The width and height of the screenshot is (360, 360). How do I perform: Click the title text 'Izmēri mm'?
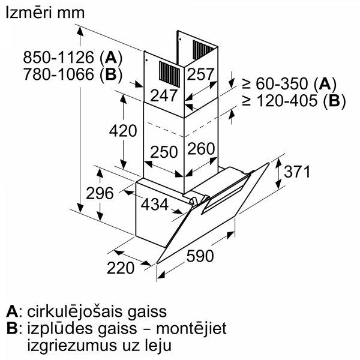[45, 13]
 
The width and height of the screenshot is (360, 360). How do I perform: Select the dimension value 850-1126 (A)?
[73, 58]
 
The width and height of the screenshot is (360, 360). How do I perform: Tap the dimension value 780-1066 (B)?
[73, 74]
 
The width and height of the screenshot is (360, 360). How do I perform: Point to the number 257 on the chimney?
[200, 74]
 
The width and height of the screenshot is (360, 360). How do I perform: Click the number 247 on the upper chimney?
[164, 96]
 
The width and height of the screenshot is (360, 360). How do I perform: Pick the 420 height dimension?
[123, 131]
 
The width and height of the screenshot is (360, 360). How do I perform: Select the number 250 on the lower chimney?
[164, 152]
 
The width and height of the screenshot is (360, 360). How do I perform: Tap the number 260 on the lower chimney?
[201, 149]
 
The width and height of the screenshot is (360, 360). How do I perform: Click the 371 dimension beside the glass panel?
[297, 172]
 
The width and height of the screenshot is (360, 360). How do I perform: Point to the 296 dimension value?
[100, 193]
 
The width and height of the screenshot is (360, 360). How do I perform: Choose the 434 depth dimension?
[155, 205]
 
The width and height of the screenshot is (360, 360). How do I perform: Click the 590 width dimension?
[200, 256]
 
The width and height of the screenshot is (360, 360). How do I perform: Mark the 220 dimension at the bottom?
[121, 268]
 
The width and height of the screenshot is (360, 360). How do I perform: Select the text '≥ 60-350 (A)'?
[289, 83]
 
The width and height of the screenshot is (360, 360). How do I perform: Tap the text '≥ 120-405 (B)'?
[294, 101]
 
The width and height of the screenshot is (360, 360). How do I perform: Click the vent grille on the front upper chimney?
[169, 74]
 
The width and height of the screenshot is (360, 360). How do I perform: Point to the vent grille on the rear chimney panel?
[203, 49]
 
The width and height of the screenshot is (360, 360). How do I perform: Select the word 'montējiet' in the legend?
[191, 329]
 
